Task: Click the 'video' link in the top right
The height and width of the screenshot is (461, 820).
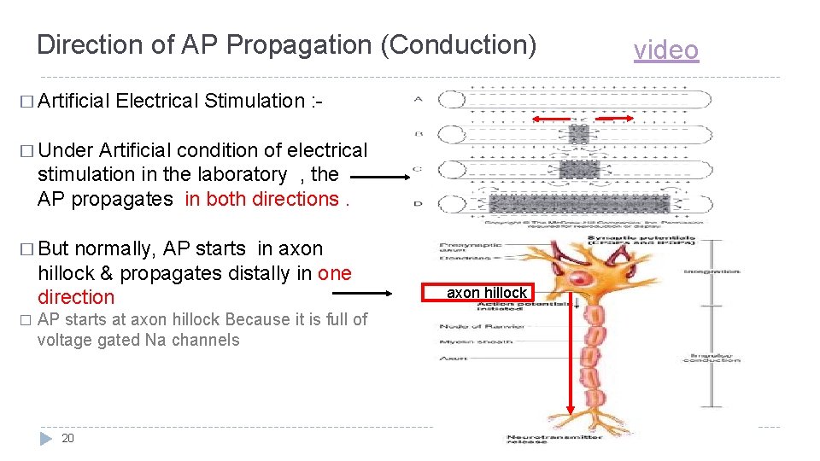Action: tap(665, 50)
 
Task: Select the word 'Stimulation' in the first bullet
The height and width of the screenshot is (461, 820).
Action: tap(251, 101)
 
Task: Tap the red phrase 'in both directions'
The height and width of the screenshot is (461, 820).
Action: tap(261, 199)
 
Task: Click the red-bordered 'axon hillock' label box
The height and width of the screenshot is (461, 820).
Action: tap(487, 293)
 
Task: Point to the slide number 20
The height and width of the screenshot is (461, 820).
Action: tap(68, 438)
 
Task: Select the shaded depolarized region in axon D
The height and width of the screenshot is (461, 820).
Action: tap(580, 203)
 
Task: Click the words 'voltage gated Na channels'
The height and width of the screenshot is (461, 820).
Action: tap(138, 340)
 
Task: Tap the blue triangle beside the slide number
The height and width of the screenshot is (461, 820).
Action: tap(46, 438)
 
